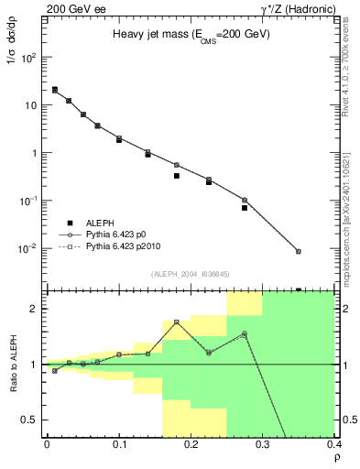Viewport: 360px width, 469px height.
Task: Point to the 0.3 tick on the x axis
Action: click(x=263, y=445)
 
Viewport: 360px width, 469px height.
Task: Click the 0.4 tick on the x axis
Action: click(x=333, y=445)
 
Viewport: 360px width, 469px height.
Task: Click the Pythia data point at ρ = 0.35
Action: click(x=299, y=251)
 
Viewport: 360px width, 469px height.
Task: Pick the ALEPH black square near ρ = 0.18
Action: click(x=176, y=175)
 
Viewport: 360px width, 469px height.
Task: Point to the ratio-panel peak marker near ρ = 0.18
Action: click(x=176, y=322)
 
